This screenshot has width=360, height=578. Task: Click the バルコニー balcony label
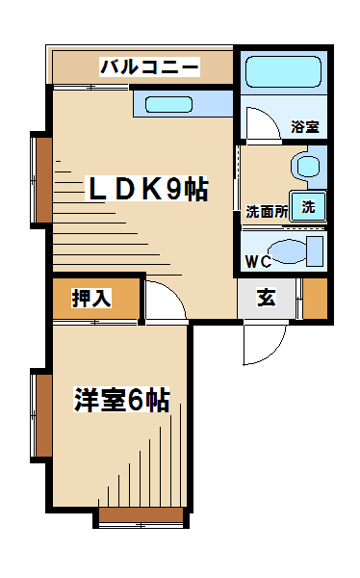(x=149, y=67)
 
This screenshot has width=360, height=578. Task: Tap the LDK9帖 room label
(x=147, y=189)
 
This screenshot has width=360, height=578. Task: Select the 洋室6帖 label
(x=122, y=400)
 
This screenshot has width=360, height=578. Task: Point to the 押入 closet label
(x=91, y=299)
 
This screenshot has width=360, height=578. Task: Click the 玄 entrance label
(x=267, y=298)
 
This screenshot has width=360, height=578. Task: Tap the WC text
(x=258, y=262)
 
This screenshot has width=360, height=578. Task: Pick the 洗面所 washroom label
(x=268, y=212)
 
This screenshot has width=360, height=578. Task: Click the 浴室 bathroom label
(x=305, y=126)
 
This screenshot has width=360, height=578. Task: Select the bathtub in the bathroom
(x=283, y=72)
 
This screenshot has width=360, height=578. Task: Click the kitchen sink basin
(x=168, y=104)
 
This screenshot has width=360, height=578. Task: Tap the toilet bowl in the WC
(x=287, y=251)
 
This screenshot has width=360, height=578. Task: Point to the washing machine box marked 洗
(x=308, y=206)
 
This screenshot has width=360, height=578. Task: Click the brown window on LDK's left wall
(x=44, y=180)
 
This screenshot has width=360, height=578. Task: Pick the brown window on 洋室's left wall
(x=44, y=416)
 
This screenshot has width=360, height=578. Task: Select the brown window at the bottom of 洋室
(x=141, y=515)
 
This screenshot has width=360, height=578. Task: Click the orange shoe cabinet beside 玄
(x=316, y=299)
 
